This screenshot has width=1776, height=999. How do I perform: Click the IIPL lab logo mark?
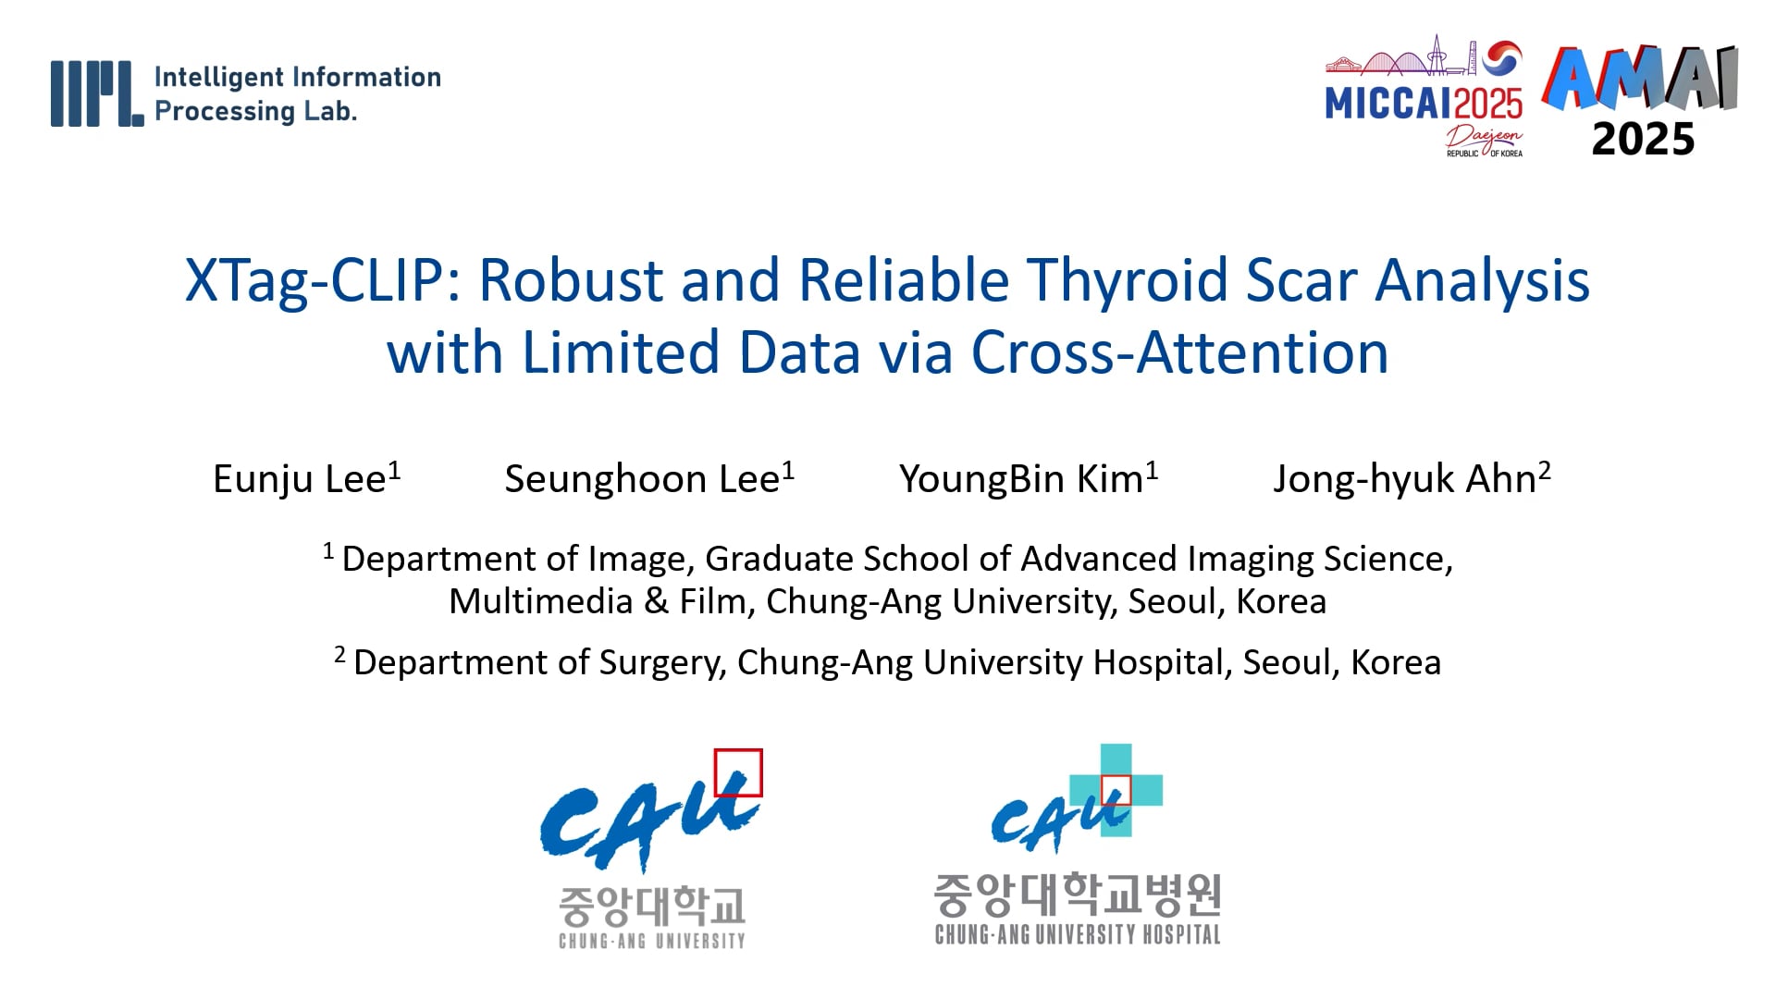pyautogui.click(x=97, y=93)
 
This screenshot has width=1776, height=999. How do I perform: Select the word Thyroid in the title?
pyautogui.click(x=1128, y=280)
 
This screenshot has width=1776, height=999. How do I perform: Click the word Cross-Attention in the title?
pyautogui.click(x=1179, y=352)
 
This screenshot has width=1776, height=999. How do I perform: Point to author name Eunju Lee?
pyautogui.click(x=299, y=479)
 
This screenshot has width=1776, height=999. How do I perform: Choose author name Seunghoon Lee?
pyautogui.click(x=642, y=479)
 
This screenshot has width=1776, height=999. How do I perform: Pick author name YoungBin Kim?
pyautogui.click(x=1021, y=479)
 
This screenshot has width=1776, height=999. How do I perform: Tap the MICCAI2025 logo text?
pyautogui.click(x=1424, y=104)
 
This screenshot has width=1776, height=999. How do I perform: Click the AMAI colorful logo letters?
pyautogui.click(x=1640, y=80)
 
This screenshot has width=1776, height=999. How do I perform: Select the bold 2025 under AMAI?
pyautogui.click(x=1643, y=140)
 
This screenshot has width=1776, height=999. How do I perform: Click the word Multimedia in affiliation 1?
pyautogui.click(x=540, y=602)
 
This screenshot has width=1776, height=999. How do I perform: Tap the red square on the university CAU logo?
pyautogui.click(x=738, y=772)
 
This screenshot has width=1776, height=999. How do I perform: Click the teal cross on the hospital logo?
pyautogui.click(x=1116, y=790)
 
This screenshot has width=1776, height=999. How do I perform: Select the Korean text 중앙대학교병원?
pyautogui.click(x=1078, y=894)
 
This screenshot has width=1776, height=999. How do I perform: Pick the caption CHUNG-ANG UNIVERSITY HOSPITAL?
pyautogui.click(x=1078, y=935)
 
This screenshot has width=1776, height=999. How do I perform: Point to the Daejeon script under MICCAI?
pyautogui.click(x=1485, y=139)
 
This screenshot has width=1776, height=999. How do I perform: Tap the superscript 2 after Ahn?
pyautogui.click(x=1544, y=469)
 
